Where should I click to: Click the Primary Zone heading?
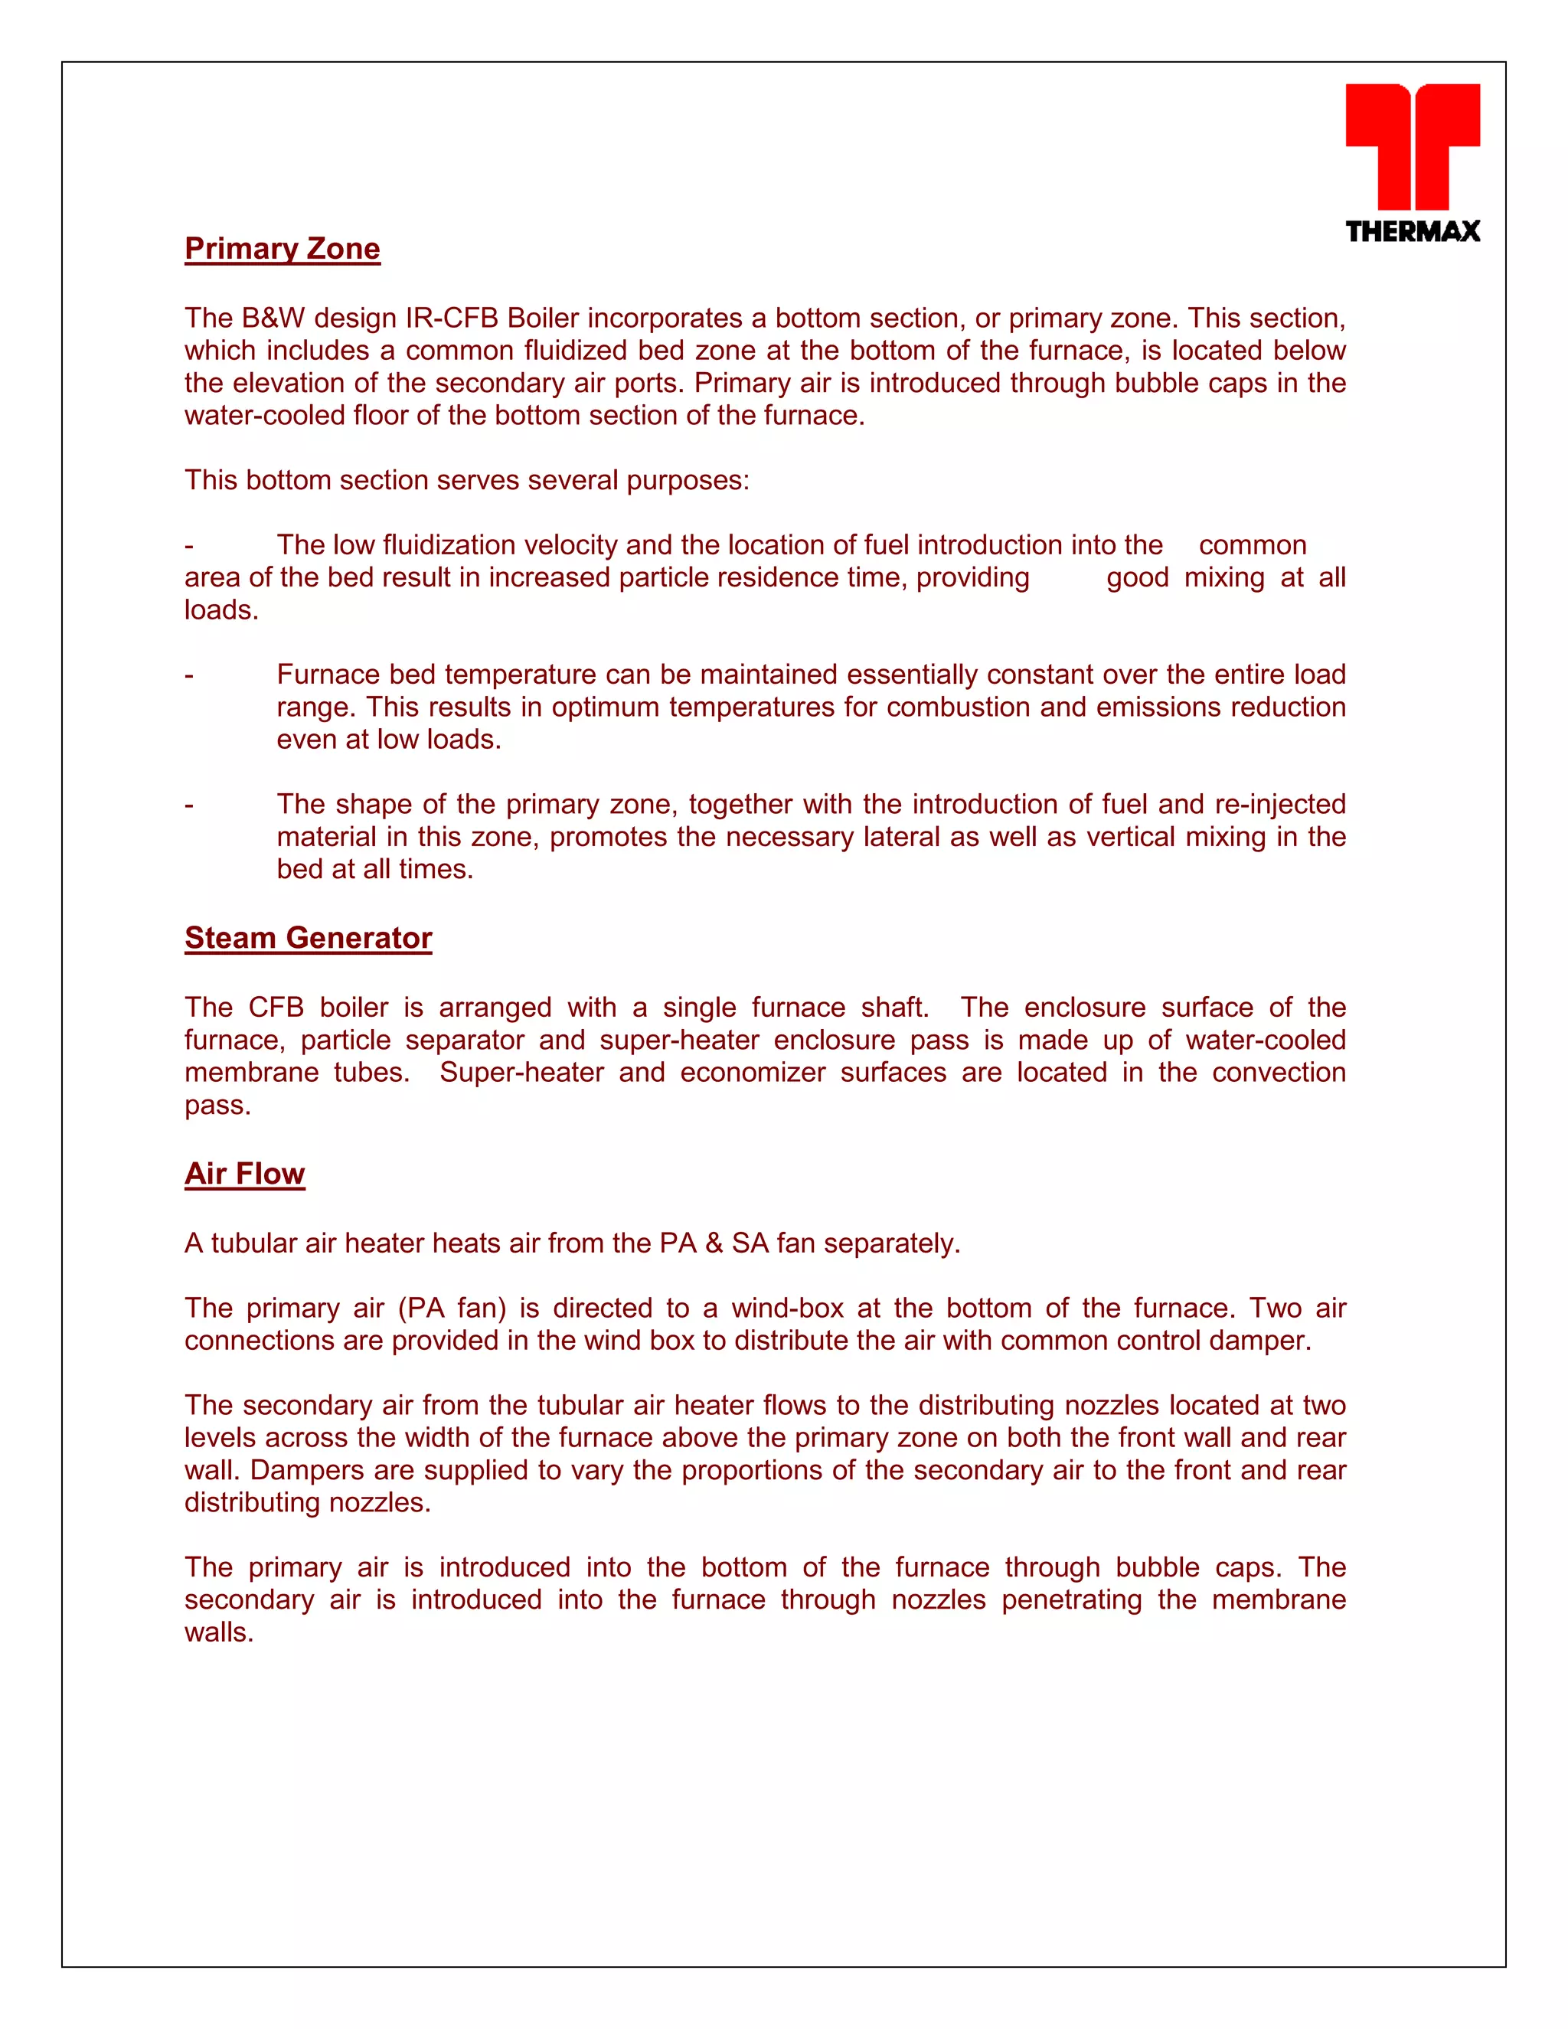[x=283, y=249]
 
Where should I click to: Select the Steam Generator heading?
[x=309, y=939]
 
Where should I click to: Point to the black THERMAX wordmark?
[x=1412, y=231]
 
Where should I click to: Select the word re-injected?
[x=1280, y=805]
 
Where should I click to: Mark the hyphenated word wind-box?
[x=787, y=1309]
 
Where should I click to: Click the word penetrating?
[x=1071, y=1599]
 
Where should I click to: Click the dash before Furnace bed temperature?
[x=190, y=675]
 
